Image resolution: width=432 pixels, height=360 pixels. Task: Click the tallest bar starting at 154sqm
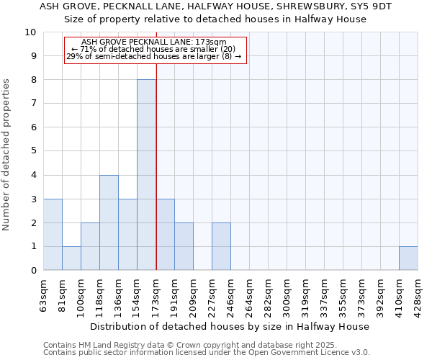[146, 175]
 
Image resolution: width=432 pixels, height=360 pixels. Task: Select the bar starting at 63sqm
[53, 235]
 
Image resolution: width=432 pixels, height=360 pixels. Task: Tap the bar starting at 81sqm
[71, 258]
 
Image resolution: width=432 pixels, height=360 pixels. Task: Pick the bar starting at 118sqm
[109, 222]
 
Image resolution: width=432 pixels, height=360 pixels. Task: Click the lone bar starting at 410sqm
[408, 258]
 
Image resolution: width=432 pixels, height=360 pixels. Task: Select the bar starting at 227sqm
[221, 246]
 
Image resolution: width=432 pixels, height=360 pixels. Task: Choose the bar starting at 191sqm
[184, 246]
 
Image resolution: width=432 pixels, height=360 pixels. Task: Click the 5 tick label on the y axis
[32, 151]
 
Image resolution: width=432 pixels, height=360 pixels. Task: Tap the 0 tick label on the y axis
[32, 271]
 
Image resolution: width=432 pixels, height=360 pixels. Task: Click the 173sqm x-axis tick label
[156, 295]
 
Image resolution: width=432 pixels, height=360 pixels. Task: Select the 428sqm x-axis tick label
[418, 295]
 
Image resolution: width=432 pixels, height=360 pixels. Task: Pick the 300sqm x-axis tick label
[287, 295]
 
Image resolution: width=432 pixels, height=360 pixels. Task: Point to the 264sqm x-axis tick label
[250, 295]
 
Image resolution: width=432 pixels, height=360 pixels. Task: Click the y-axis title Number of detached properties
[7, 155]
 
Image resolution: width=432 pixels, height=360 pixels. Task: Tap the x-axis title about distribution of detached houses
[230, 326]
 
